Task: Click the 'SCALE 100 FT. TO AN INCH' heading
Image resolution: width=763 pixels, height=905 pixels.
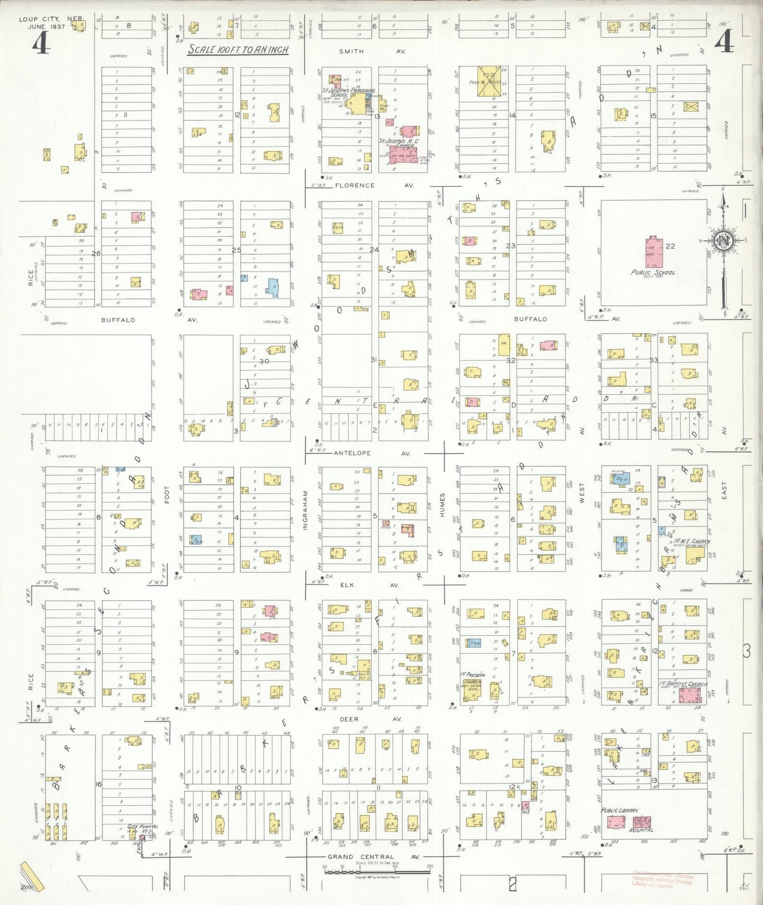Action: tap(238, 50)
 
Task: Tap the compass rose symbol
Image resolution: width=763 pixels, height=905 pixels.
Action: tap(723, 241)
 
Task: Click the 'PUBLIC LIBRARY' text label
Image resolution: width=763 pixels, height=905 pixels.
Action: tap(619, 810)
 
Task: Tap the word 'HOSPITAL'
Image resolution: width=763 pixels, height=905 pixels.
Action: tap(641, 830)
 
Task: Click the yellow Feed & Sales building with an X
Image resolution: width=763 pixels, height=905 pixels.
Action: tap(488, 81)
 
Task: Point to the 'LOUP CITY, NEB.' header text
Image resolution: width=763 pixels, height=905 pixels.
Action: tap(51, 19)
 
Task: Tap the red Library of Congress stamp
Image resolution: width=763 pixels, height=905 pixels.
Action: tap(662, 880)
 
